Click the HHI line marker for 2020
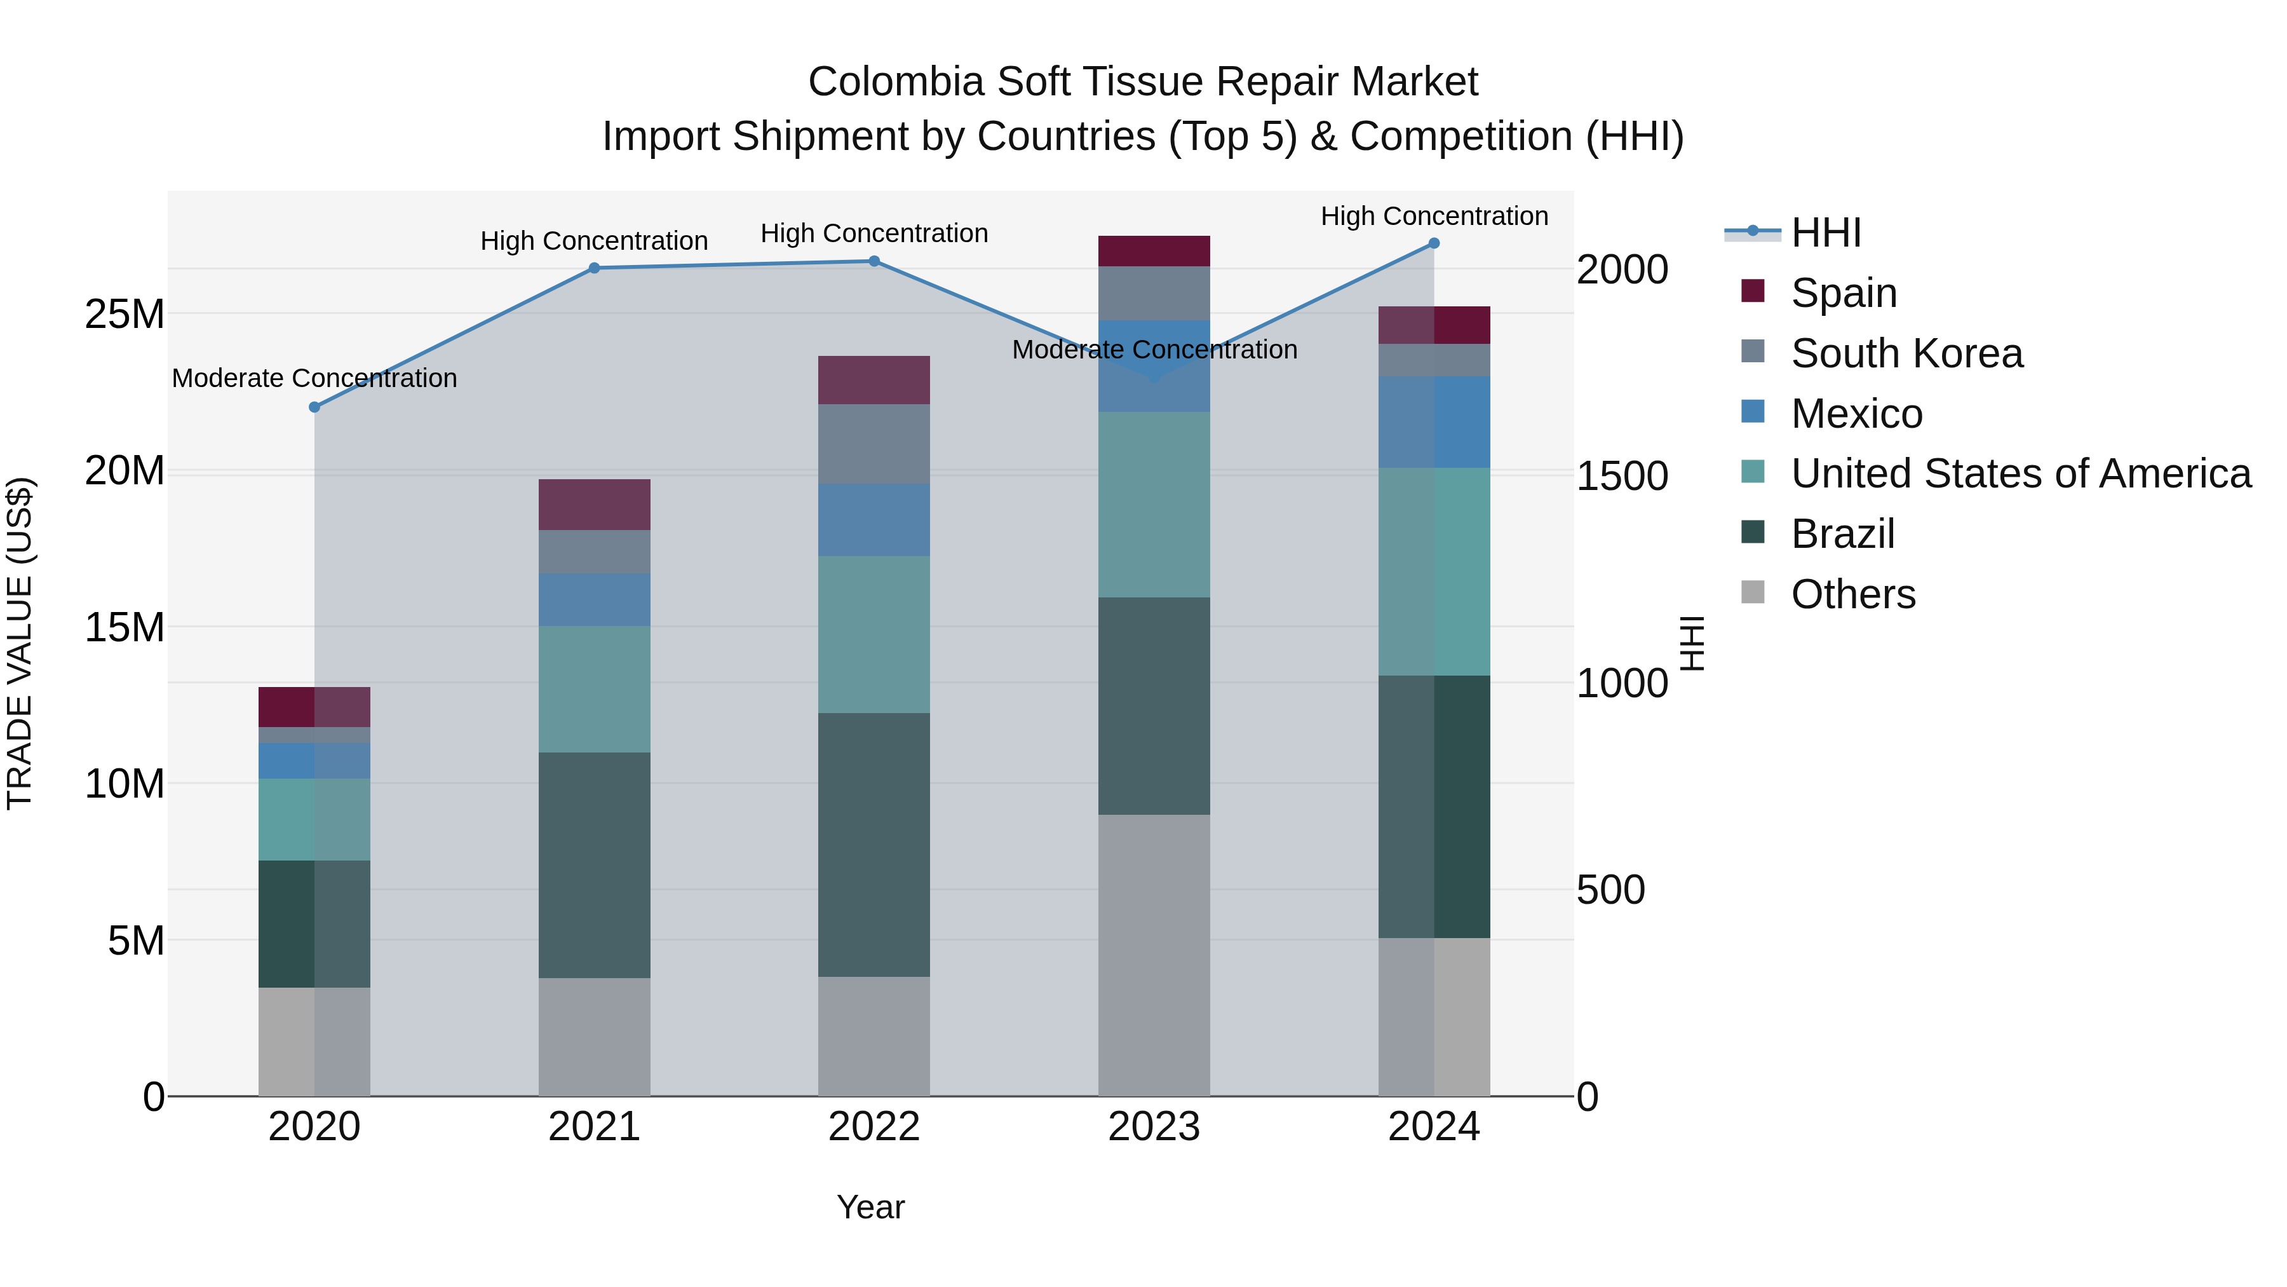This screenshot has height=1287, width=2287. pos(314,407)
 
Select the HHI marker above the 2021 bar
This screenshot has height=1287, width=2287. pos(594,268)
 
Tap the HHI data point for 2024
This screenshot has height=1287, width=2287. pos(1434,243)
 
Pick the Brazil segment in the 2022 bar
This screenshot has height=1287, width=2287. pos(874,844)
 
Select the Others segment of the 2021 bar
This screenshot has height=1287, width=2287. pos(594,1037)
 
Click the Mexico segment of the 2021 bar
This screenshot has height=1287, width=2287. pos(594,599)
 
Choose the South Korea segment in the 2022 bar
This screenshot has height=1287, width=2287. pos(874,444)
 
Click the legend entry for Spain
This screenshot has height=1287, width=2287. pos(1843,293)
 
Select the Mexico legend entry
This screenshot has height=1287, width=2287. pos(1856,414)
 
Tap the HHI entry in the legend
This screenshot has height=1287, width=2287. pos(1825,233)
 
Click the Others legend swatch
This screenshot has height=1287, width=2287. pos(1753,592)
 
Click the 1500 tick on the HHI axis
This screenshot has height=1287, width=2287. pos(1621,477)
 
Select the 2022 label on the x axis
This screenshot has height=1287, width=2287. pos(874,1127)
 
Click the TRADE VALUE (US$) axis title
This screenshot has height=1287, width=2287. pos(20,643)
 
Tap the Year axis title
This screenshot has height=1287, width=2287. pos(870,1207)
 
